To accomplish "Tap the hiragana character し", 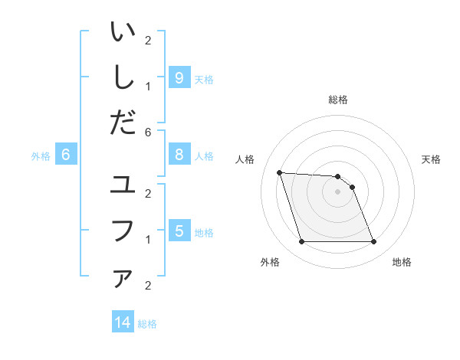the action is pyautogui.click(x=123, y=77).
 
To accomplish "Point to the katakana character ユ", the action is pyautogui.click(x=123, y=185).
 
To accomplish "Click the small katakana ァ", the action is pyautogui.click(x=123, y=279).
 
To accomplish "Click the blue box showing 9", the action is pyautogui.click(x=179, y=77).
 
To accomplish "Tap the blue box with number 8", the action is pyautogui.click(x=179, y=155).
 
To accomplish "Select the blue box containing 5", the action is pyautogui.click(x=179, y=231).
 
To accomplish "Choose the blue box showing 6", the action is pyautogui.click(x=66, y=155).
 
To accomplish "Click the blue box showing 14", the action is pyautogui.click(x=123, y=322).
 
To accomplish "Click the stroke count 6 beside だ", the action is pyautogui.click(x=148, y=132).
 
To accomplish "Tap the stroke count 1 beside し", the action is pyautogui.click(x=148, y=87).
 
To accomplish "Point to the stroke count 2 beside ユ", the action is pyautogui.click(x=148, y=193).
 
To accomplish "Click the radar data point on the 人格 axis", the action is pyautogui.click(x=279, y=172).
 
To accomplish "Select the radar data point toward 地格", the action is pyautogui.click(x=373, y=242).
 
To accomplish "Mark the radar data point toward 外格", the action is pyautogui.click(x=301, y=242).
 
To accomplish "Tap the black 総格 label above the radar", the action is pyautogui.click(x=337, y=100).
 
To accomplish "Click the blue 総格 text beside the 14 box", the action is pyautogui.click(x=147, y=324).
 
